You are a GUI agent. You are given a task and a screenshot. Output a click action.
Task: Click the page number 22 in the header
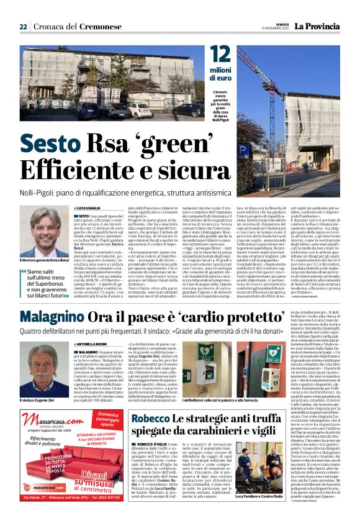pos(23,26)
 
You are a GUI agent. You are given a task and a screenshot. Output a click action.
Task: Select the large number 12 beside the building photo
pos(220,58)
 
